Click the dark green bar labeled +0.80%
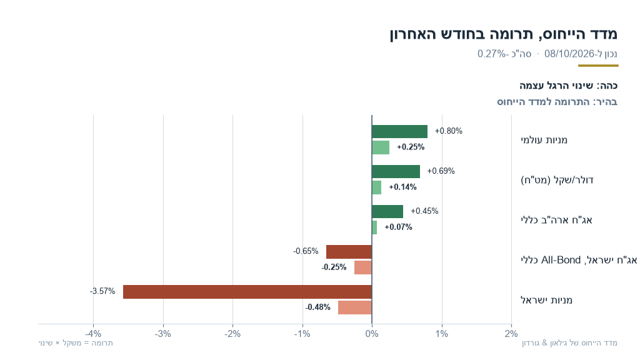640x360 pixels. (399, 131)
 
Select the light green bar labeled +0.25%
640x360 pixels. (381, 147)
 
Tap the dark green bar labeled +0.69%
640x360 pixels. (396, 171)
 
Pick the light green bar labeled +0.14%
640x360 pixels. (377, 187)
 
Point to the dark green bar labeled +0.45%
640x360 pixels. (387, 211)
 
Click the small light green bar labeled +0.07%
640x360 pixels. (374, 227)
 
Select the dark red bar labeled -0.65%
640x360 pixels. (349, 252)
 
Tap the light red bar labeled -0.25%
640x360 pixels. (363, 267)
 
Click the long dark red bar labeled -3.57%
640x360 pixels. (247, 292)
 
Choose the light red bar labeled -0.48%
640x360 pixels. (355, 307)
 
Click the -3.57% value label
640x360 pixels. (102, 291)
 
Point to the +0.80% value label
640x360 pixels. (449, 131)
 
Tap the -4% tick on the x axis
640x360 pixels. (94, 334)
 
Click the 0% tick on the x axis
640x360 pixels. (372, 334)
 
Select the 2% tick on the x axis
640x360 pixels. (511, 334)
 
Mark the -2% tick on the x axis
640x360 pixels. (232, 334)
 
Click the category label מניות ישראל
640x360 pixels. (546, 300)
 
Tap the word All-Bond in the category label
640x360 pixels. (561, 260)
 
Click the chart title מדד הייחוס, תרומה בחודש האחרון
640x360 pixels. (504, 34)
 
